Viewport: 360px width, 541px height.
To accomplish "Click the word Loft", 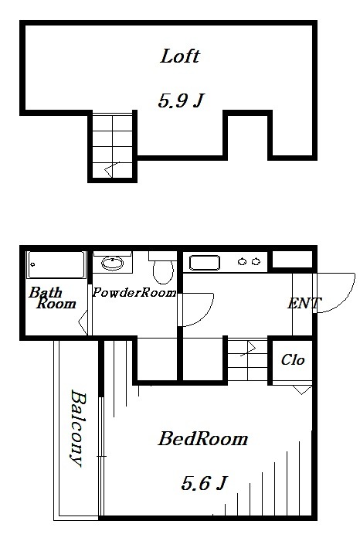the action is point(180,56).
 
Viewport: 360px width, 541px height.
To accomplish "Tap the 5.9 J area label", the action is point(181,100).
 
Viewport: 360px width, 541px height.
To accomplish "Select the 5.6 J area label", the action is point(204,483).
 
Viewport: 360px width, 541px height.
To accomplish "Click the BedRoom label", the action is point(203,439).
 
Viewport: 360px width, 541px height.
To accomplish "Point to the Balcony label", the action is point(77,428).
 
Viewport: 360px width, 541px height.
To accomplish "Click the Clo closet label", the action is point(293,360).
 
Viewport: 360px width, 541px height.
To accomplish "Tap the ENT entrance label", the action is point(304,303).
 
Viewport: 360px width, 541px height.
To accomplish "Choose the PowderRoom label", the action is point(134,293).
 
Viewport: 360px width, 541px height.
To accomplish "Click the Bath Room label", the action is point(53,298).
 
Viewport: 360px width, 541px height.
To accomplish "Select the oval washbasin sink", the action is point(113,264).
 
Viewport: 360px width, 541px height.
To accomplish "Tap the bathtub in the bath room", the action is point(56,264).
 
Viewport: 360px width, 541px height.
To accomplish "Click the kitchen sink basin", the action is point(205,263).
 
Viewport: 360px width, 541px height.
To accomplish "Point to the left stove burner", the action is point(242,262).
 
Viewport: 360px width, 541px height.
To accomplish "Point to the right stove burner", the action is point(256,262).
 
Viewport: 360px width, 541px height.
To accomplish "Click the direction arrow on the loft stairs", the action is point(112,169).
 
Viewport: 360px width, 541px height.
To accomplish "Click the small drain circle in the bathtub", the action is point(32,265).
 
